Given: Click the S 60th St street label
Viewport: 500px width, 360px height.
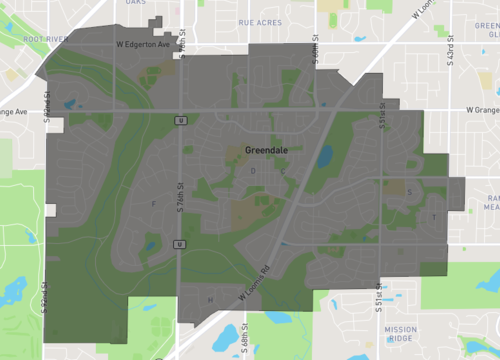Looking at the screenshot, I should coord(315,50).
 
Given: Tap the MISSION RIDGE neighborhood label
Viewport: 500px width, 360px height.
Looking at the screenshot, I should coord(400,333).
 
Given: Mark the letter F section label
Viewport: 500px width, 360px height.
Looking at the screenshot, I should coord(153,204).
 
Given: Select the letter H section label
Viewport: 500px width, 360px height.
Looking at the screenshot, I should coord(210,299).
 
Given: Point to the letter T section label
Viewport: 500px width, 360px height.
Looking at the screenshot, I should coord(434,217).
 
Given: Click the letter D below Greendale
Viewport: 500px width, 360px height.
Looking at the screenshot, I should coord(253,171).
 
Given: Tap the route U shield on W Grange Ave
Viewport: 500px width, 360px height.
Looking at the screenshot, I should coord(181,120).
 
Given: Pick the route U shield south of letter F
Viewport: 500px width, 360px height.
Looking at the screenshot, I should coord(179,244).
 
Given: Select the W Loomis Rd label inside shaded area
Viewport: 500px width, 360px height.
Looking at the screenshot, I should coord(256,283).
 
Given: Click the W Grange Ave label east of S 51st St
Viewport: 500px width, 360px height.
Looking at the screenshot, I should coord(481,110).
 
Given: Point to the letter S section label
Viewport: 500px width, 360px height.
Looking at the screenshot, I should coord(410,193).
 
